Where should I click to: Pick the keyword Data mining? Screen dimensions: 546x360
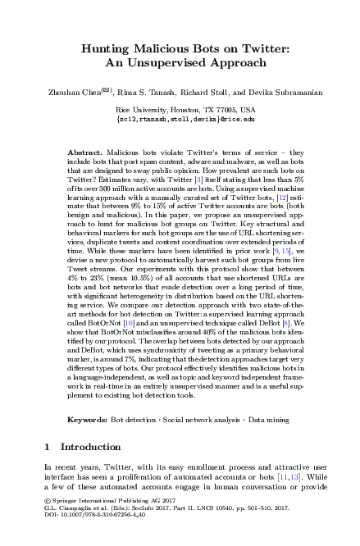point(269,419)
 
